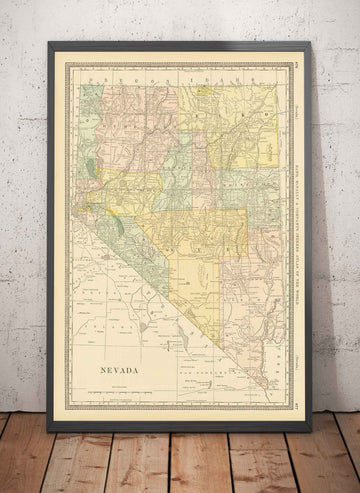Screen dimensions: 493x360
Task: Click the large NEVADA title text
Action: click(x=118, y=370)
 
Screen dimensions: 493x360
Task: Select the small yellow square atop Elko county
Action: click(x=204, y=90)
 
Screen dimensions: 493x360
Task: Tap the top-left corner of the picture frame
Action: click(x=48, y=42)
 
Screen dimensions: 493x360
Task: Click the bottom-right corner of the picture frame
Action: click(x=311, y=430)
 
